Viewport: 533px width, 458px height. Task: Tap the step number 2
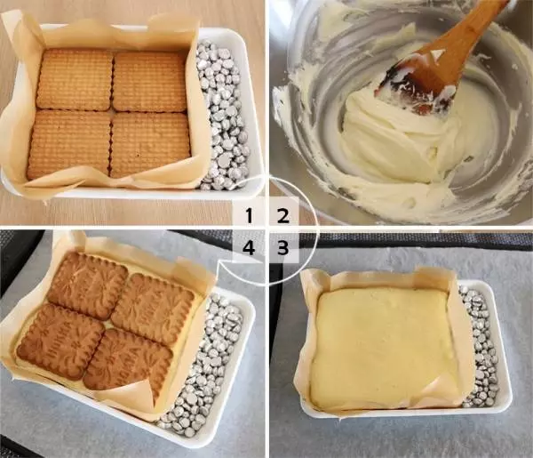tap(282, 214)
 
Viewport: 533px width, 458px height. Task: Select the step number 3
tap(282, 249)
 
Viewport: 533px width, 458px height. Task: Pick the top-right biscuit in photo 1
tap(150, 81)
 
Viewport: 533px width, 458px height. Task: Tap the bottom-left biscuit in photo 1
tap(69, 142)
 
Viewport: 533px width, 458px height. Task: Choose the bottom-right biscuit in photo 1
tap(148, 143)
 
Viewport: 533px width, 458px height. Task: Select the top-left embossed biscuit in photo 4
tap(87, 285)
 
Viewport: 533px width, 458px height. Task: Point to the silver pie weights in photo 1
tap(218, 116)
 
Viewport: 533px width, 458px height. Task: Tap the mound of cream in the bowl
tap(391, 142)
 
